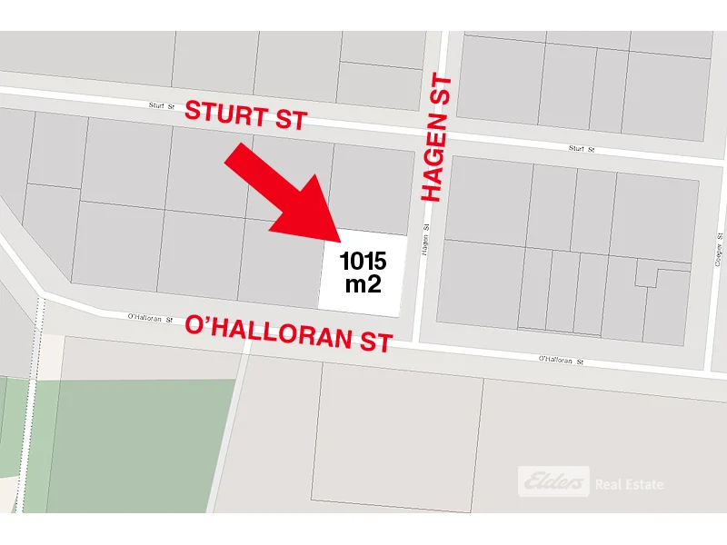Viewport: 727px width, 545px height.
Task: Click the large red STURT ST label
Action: (x=245, y=115)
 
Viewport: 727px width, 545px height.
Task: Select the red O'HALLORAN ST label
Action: (x=289, y=332)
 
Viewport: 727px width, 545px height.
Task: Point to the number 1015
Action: (x=363, y=263)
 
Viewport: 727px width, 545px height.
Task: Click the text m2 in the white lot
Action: (x=363, y=284)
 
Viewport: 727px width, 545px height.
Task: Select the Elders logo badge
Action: (x=553, y=481)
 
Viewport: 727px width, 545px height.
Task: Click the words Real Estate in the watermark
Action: (x=629, y=484)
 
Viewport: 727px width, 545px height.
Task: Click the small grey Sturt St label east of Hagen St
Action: (x=581, y=148)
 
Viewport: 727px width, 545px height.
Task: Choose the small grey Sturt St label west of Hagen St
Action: (x=162, y=105)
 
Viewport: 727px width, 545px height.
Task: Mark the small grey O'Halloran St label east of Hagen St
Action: (x=560, y=361)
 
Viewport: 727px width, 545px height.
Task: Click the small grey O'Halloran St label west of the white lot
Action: (x=150, y=317)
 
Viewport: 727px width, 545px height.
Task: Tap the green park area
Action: (x=136, y=436)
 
